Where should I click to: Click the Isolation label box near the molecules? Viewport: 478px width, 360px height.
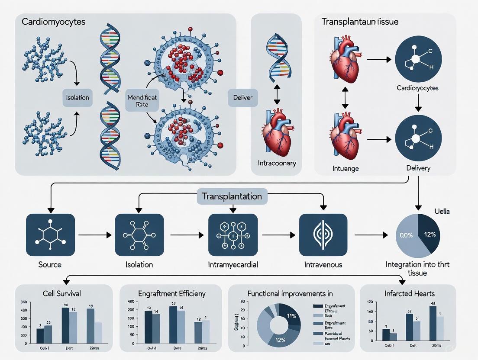78,97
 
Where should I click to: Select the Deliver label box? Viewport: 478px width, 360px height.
242,98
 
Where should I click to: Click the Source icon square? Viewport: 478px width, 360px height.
50,235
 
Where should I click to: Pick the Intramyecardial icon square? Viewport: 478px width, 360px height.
233,235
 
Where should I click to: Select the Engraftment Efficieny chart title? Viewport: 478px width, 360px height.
171,293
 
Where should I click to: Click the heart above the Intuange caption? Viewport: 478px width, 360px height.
345,136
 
